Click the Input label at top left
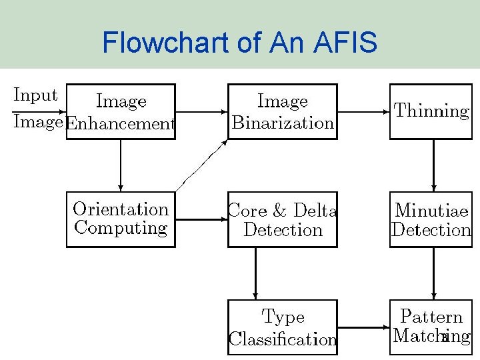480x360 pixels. [x=35, y=95]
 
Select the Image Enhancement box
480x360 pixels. [x=121, y=111]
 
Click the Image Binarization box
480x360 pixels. [x=282, y=111]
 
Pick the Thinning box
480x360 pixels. [x=431, y=111]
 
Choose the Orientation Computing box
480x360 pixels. [x=121, y=219]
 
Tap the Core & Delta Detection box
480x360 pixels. [x=282, y=219]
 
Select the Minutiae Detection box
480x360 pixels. [x=431, y=219]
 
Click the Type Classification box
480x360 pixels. [x=282, y=327]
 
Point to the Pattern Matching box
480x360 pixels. [x=431, y=327]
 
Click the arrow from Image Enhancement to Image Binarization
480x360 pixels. [x=201, y=112]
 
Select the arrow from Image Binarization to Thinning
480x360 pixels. [x=363, y=112]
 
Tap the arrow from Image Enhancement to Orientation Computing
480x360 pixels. [x=121, y=165]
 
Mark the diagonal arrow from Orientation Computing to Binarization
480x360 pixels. [x=201, y=165]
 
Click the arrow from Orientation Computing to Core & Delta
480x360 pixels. [x=201, y=219]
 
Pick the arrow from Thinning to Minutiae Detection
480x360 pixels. [x=433, y=165]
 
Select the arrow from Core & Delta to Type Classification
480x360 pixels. [x=256, y=273]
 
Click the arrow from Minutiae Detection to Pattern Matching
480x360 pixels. [x=433, y=273]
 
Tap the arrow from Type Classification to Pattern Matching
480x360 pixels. [x=363, y=327]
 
